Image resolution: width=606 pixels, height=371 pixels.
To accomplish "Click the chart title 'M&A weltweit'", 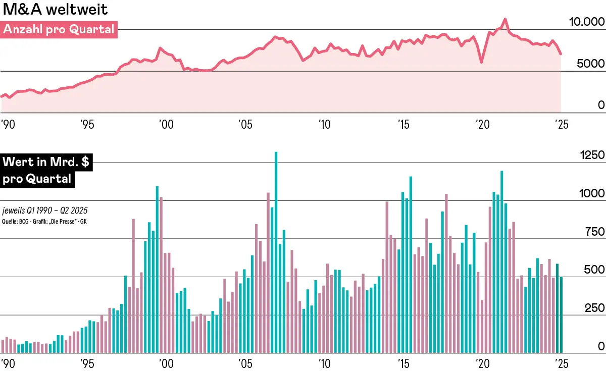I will click(55, 10).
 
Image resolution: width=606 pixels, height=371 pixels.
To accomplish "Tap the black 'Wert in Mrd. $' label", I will click(46, 163).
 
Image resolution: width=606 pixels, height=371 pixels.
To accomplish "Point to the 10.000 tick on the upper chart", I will click(586, 22).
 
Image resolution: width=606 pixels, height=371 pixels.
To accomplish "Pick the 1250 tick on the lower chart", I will click(590, 155).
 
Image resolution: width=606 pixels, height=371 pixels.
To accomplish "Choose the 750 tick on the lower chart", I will click(593, 232).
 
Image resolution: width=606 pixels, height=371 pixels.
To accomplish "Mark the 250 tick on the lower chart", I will click(593, 308).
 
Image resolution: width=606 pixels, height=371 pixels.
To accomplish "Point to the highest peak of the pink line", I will click(504, 20).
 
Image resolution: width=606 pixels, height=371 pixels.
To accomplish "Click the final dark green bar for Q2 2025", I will click(561, 314).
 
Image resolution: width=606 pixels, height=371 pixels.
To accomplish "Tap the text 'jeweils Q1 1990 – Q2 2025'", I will click(41, 210).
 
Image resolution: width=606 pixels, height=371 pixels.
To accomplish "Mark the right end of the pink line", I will click(561, 54).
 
